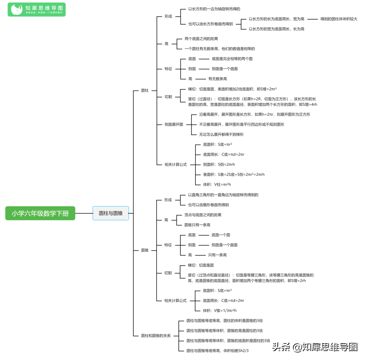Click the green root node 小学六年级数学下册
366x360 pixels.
(40, 213)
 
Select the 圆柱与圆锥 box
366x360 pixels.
(110, 213)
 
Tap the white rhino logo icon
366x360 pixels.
(16, 10)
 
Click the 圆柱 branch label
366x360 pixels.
(145, 90)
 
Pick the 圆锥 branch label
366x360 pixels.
(145, 250)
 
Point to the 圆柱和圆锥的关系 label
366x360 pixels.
(156, 336)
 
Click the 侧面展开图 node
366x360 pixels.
(174, 124)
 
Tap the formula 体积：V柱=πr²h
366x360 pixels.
(217, 184)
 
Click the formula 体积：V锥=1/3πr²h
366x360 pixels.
(219, 310)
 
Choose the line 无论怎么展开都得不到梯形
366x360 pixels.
(222, 134)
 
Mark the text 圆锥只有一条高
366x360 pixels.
(197, 225)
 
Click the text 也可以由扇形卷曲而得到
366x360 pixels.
(208, 205)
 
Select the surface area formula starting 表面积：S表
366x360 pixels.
(234, 174)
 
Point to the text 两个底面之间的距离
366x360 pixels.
(201, 39)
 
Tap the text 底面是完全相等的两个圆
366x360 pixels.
(232, 59)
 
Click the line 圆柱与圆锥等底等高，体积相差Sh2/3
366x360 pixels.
(217, 351)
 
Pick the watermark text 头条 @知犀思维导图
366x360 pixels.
(315, 347)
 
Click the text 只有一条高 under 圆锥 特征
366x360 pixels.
(217, 255)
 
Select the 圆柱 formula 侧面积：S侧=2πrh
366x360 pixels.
(219, 164)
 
